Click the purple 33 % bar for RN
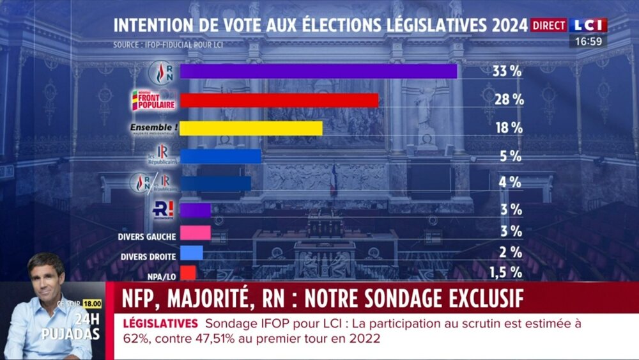point(318,71)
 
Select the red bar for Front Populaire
point(279,100)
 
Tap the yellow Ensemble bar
point(251,128)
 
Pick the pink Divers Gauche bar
point(196,232)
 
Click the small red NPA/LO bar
point(188,272)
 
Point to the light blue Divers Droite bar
point(192,253)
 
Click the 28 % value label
point(509,100)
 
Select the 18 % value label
point(509,128)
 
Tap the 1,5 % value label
point(505,272)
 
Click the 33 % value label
point(507,72)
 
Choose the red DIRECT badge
point(549,26)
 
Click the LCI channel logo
point(589,25)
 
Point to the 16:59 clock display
point(589,41)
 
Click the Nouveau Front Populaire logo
point(149,100)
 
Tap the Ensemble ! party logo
point(153,128)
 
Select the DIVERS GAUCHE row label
point(147,237)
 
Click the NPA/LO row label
point(160,277)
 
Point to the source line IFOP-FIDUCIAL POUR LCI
point(169,45)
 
